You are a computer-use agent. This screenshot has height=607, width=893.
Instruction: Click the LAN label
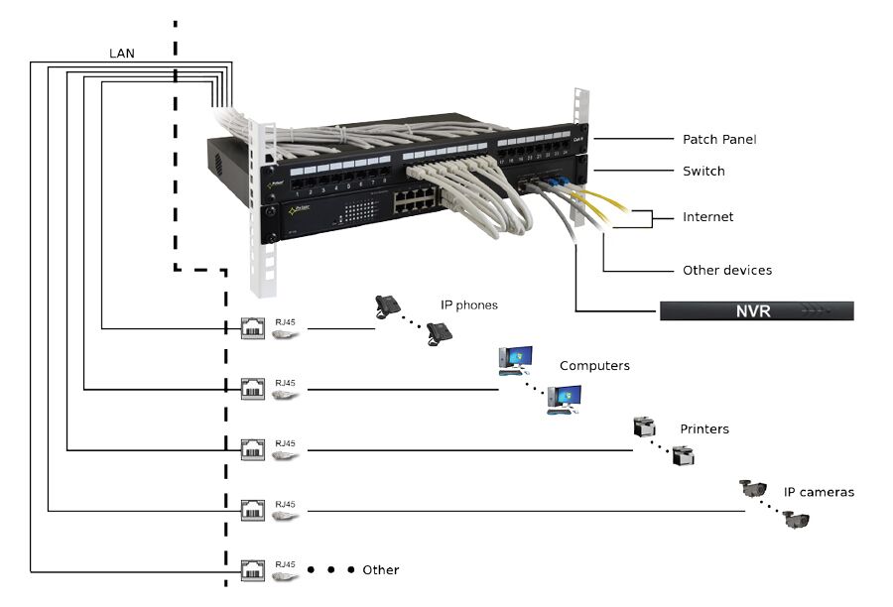[x=121, y=53]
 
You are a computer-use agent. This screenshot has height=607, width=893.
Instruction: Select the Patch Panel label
[x=718, y=140]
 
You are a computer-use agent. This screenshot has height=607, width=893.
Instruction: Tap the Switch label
[x=703, y=172]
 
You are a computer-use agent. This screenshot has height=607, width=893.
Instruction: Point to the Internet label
[x=707, y=217]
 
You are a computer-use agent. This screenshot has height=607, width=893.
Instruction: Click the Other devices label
[x=726, y=270]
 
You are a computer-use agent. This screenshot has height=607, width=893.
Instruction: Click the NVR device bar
[x=756, y=311]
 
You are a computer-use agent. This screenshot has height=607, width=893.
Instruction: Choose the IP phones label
[x=469, y=305]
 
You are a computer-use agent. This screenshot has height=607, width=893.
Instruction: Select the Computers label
[x=594, y=366]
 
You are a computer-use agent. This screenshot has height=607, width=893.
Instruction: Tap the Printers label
[x=703, y=429]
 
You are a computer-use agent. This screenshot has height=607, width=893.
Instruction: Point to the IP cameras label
[x=819, y=492]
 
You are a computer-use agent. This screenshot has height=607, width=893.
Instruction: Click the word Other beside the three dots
[x=380, y=570]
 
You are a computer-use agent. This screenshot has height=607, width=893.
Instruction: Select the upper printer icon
[x=644, y=427]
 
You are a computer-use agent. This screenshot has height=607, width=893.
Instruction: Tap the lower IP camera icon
[x=795, y=519]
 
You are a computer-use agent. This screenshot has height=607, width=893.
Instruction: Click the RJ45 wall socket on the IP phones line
[x=252, y=328]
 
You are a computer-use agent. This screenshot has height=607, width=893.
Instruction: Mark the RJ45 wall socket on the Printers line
[x=252, y=450]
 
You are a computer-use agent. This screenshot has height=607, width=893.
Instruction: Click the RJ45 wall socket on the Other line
[x=252, y=571]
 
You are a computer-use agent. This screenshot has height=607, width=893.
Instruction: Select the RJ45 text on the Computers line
[x=285, y=383]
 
